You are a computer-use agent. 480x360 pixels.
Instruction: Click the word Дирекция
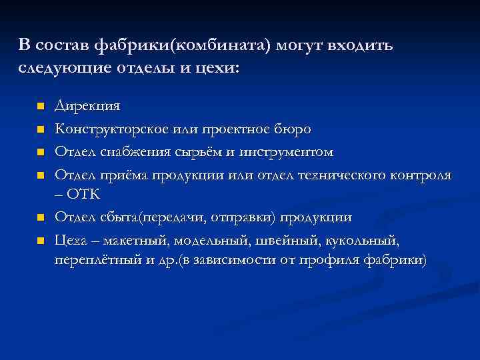[x=87, y=106]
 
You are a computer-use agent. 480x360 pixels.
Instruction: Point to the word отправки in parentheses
[x=241, y=217]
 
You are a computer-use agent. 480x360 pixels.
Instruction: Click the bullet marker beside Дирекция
[x=40, y=107]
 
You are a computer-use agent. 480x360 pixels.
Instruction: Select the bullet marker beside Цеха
[x=40, y=240]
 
